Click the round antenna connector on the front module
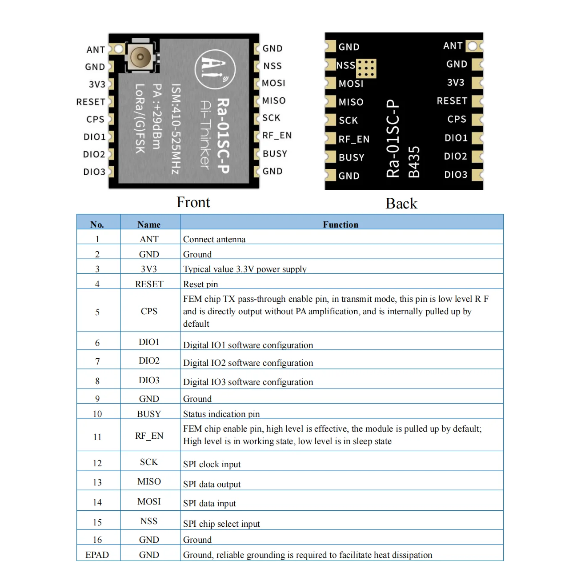click(140, 56)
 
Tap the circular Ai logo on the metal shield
click(215, 69)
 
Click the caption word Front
click(193, 202)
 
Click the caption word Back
click(401, 204)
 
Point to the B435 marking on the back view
click(414, 162)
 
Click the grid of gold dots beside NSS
click(366, 68)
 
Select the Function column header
click(341, 224)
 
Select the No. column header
click(97, 224)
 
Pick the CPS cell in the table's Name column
click(149, 311)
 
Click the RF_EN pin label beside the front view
click(276, 136)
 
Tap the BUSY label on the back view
click(351, 158)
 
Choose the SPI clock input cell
click(212, 464)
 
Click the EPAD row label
click(97, 555)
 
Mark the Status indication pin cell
click(221, 414)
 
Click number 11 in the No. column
click(97, 437)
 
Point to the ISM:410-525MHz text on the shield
click(176, 129)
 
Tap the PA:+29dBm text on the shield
click(156, 116)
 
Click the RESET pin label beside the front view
click(91, 102)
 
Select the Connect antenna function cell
click(214, 239)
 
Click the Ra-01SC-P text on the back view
click(393, 139)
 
